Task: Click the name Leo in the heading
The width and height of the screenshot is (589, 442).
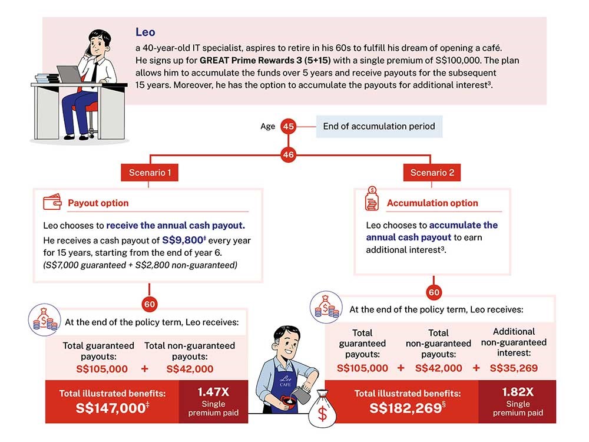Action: tap(145, 32)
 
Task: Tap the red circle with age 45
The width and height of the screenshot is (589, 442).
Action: tap(288, 126)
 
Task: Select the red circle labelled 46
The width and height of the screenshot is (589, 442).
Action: tap(288, 155)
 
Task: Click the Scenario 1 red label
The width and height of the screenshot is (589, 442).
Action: tap(150, 173)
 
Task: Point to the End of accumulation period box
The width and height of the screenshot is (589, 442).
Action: tap(379, 126)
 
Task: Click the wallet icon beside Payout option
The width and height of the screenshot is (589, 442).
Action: tap(52, 203)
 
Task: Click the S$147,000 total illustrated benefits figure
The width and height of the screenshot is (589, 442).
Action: tap(110, 408)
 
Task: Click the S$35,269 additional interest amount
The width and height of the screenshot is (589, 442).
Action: tap(514, 368)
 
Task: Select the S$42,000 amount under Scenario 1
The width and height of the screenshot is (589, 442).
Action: tap(190, 369)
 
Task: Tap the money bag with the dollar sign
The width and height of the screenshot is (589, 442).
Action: tap(322, 412)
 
